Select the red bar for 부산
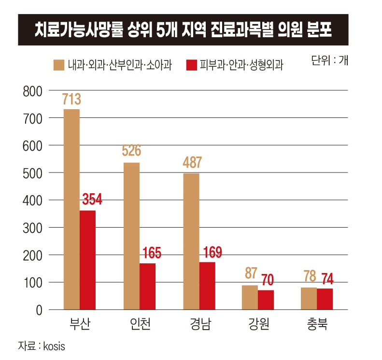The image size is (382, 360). point(87,259)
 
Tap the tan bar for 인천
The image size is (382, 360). point(131,236)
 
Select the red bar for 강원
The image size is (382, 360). point(266,300)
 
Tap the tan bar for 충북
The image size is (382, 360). point(309,298)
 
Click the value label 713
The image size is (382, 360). point(71,100)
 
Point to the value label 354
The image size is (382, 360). point(92,200)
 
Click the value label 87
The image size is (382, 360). point(251,274)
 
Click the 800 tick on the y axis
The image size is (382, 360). point(33,91)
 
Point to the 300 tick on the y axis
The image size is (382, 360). point(33,227)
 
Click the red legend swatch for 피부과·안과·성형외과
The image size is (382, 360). point(192,65)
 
